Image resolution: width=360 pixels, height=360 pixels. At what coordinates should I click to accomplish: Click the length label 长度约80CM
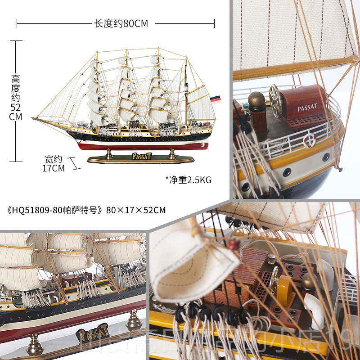[x=121, y=23]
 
